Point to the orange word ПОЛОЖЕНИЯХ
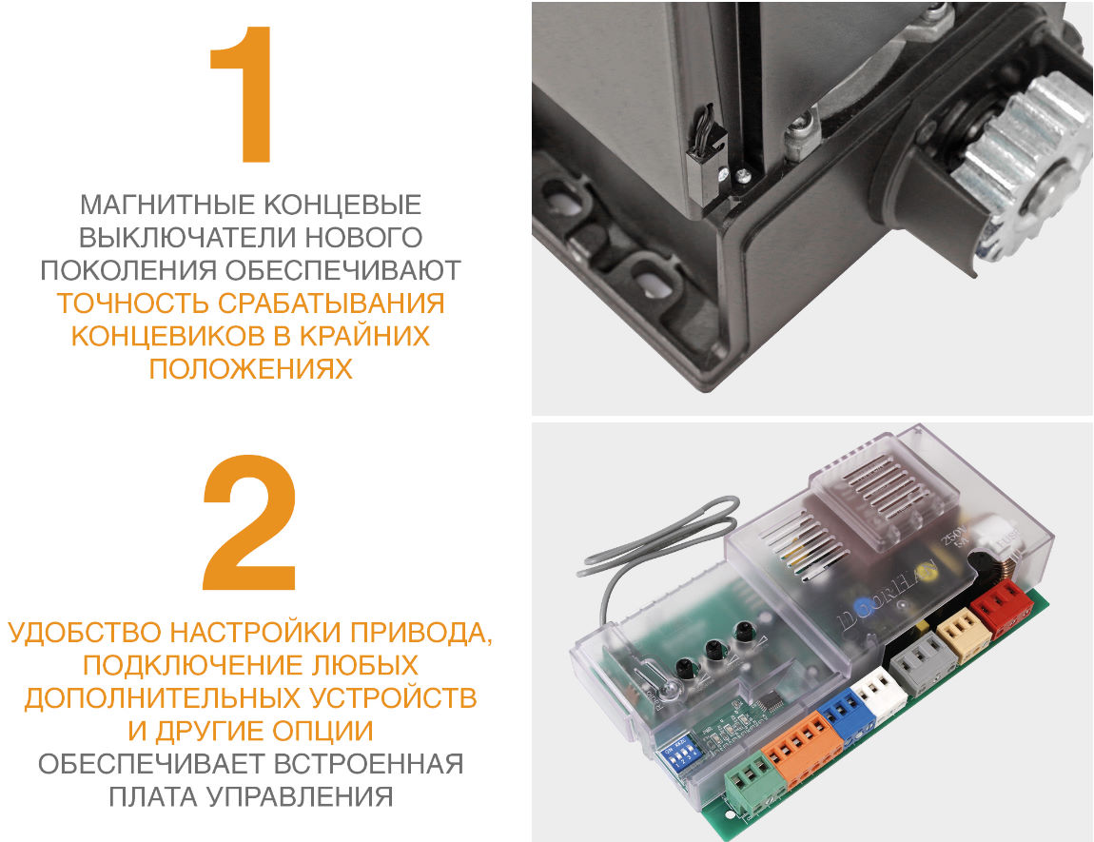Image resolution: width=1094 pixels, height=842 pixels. point(250,369)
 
